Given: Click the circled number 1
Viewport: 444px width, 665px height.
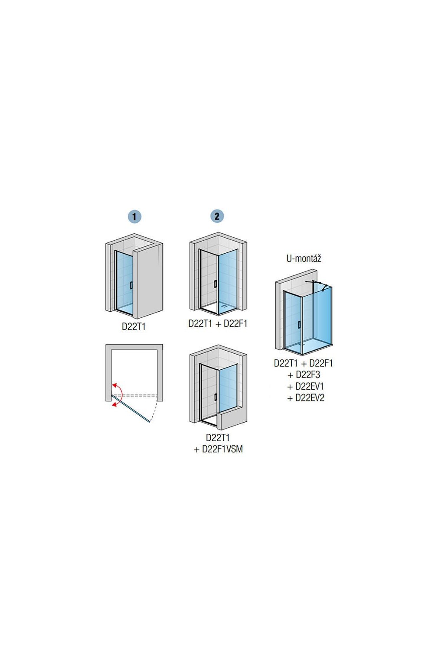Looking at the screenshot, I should tap(134, 216).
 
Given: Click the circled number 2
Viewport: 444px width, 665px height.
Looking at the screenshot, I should tap(217, 216).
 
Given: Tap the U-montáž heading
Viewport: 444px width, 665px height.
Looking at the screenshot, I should tap(304, 259).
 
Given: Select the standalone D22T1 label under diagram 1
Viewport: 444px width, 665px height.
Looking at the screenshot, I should tap(134, 326).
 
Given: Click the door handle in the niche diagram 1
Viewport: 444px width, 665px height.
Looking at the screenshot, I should tap(131, 285).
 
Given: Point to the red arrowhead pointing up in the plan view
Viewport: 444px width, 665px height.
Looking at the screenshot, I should tap(115, 385).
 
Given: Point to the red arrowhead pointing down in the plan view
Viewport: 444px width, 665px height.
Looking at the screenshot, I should tap(114, 404).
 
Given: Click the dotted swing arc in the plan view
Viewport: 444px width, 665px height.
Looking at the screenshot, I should tap(155, 409).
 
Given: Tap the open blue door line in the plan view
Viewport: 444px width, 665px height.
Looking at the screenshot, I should tap(131, 408).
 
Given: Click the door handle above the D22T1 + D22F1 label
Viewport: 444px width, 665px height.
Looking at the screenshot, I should tap(215, 284).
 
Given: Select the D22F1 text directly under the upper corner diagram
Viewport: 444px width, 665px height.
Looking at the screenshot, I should tap(235, 323).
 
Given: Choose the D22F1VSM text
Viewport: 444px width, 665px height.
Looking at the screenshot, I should tap(222, 449).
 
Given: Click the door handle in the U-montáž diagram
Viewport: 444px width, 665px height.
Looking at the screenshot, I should tap(299, 325).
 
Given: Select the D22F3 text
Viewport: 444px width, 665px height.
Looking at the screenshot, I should tap(308, 374).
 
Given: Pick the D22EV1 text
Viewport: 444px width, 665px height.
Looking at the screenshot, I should tap(310, 386).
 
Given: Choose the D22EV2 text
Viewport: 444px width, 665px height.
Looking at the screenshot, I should tap(310, 397).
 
